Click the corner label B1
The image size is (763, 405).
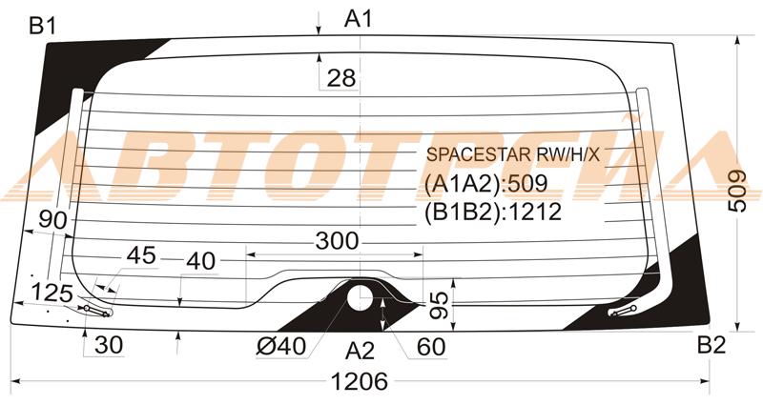point(43,26)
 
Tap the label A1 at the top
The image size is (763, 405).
point(359,19)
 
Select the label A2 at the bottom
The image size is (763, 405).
point(360,351)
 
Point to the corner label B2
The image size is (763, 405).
point(711,345)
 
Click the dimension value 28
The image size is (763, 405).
point(341,78)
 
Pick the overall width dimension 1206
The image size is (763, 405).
point(360,381)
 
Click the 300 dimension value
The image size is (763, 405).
point(337,240)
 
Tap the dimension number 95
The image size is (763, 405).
point(440,305)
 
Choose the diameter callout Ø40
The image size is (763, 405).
point(281,346)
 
